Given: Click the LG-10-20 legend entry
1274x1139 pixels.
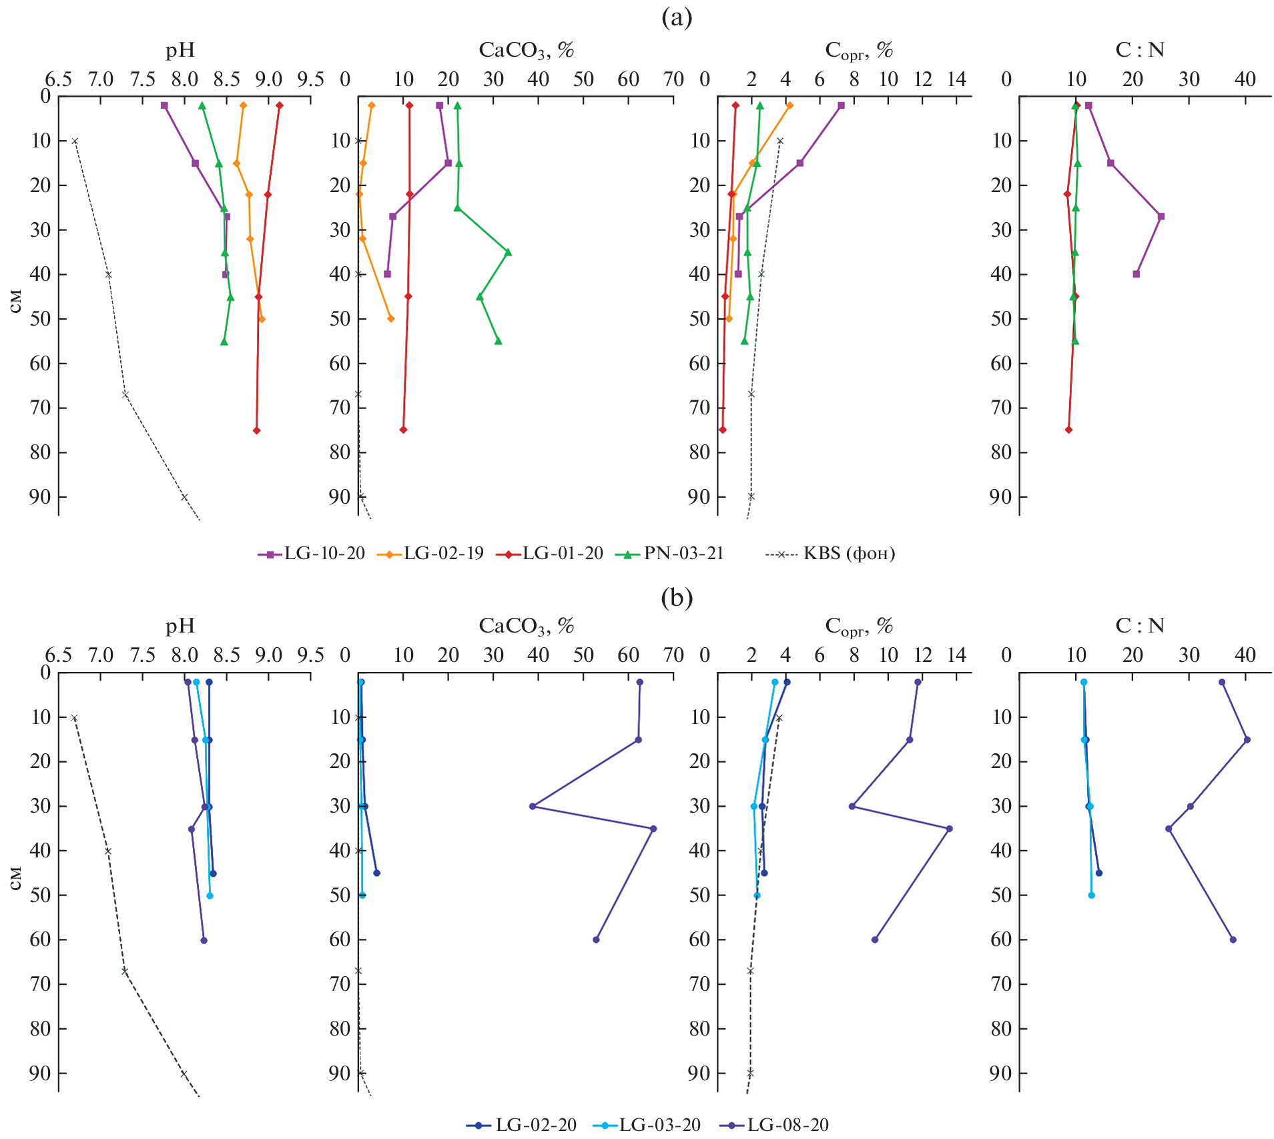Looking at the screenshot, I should [312, 554].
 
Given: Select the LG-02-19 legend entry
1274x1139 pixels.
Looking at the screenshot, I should [430, 554].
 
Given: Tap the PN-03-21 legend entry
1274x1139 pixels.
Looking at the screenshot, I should [669, 554].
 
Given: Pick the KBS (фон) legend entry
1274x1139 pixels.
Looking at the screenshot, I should [831, 554].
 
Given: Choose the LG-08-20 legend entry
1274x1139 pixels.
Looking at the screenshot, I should [775, 1125].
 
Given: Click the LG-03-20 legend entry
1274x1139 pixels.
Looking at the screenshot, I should [647, 1125].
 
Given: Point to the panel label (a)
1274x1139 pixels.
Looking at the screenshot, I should [677, 17].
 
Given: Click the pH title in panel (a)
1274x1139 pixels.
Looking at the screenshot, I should [180, 50].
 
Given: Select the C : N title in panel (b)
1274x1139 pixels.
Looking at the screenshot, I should [1139, 626].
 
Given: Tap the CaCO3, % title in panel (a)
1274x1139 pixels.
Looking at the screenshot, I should [526, 50].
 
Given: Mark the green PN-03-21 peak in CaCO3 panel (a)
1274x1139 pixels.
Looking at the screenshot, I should [508, 252].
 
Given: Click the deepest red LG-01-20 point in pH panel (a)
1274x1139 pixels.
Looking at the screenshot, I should [257, 430].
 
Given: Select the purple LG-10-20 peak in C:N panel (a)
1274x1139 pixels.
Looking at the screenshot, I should [1161, 216].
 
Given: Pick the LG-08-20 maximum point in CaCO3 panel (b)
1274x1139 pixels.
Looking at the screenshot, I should [653, 829].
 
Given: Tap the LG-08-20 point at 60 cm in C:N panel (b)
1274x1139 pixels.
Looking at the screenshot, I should [1233, 939].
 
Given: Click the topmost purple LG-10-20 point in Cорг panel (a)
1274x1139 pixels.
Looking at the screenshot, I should [842, 105].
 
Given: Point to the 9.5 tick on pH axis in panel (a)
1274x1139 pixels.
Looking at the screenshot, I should [310, 80].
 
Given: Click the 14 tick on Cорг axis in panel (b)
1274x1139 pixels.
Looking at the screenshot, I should [957, 655].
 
